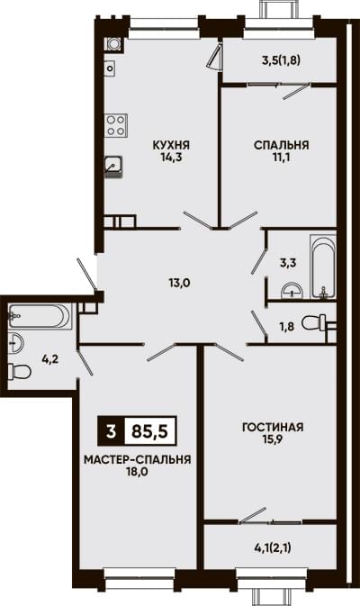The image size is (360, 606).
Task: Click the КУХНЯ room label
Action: point(171,145)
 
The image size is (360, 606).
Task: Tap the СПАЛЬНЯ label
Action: point(281,145)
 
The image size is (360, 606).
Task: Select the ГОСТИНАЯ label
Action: point(273,428)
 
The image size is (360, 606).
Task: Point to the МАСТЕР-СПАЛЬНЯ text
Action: point(138,460)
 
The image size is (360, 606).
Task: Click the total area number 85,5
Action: point(150,431)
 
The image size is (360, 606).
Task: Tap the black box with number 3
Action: point(112,431)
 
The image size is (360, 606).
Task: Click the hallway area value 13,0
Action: point(180,283)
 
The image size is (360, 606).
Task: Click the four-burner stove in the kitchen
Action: point(116,125)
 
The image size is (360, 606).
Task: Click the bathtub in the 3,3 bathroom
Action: point(324,267)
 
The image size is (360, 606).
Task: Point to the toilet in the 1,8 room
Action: point(314,322)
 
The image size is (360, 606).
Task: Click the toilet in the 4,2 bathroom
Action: point(19,372)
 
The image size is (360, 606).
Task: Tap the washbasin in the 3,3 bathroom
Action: point(292,291)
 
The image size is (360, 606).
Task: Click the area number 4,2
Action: point(50,360)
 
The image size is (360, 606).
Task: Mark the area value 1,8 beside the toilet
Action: point(286,327)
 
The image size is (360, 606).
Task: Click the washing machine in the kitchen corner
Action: point(113,44)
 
